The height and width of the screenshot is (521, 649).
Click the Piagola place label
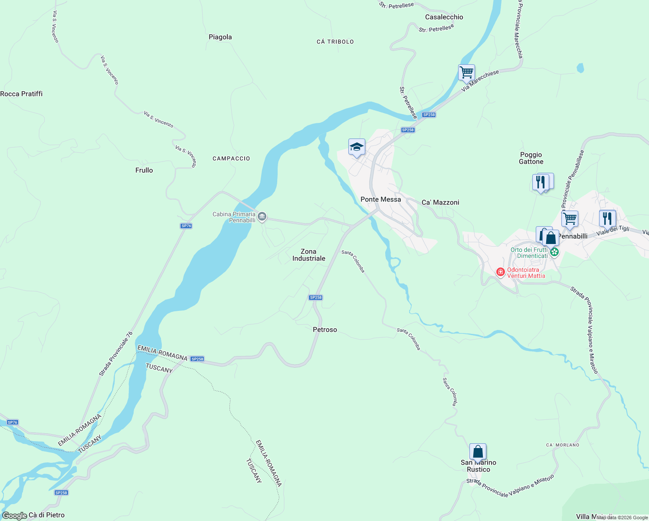point(220,37)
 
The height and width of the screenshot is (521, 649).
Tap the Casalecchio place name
point(444,17)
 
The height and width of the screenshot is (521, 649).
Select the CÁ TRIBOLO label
point(335,42)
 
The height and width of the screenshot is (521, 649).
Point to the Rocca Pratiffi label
point(22,94)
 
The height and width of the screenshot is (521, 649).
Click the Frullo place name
point(144,171)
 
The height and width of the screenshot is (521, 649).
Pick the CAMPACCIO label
point(231,159)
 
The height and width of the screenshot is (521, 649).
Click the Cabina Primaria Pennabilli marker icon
point(262,217)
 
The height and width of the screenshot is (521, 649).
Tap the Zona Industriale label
point(308,255)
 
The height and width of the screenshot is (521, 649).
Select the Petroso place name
point(324,330)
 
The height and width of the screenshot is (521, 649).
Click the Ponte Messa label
point(380,200)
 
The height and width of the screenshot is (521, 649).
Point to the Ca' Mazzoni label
point(440,203)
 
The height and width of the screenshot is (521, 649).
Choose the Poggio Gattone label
point(531,158)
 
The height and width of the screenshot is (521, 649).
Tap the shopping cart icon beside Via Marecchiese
point(466,72)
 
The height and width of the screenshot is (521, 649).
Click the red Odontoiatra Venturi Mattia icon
point(501,272)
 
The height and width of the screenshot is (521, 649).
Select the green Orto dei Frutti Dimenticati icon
point(554,252)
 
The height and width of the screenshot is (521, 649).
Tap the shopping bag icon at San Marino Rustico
point(478,452)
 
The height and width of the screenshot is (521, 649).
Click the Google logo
point(14,516)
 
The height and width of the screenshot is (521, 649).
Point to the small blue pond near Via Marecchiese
point(580,68)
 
